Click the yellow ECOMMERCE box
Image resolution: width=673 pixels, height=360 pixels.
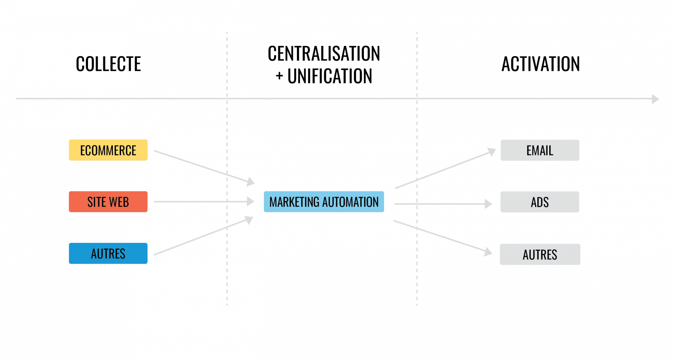coord(108,150)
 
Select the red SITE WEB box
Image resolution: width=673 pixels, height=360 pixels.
coord(108,202)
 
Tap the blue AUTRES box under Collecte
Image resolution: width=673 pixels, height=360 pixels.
coord(108,253)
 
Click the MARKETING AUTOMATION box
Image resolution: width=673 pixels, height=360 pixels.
coord(324,202)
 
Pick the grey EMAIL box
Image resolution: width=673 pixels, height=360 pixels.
coord(540,150)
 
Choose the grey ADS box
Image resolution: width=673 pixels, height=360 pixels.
coord(540,202)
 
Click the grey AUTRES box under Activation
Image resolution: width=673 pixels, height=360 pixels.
coord(540,254)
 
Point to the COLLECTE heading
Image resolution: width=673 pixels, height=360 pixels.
coord(109,64)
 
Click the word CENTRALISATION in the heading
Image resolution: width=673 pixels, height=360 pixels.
coord(324,54)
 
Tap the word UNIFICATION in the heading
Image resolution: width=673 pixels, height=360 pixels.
coord(330,76)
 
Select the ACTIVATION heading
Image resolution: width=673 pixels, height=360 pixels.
coord(541,64)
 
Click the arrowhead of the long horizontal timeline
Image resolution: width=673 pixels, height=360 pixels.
coord(655,99)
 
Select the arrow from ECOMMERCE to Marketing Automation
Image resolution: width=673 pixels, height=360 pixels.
coord(203,167)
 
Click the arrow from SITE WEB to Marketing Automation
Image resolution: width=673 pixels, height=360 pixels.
coord(203,202)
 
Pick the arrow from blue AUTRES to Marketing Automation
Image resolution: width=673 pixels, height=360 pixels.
coord(203,236)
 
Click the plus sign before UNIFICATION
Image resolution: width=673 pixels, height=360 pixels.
coord(279,76)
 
